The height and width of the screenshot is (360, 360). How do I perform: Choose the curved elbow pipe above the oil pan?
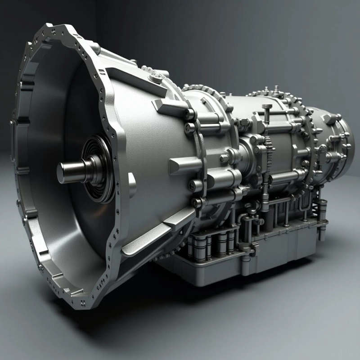(245, 220)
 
